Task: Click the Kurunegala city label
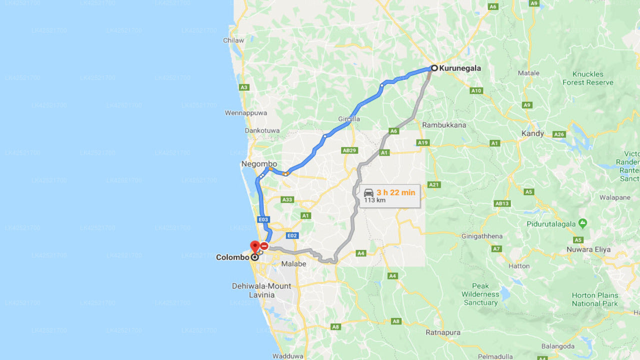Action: click(460, 68)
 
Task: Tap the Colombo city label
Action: click(232, 257)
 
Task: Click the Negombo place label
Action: click(259, 164)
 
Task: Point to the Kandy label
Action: click(532, 133)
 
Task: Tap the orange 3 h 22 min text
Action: click(396, 192)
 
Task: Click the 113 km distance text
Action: click(374, 200)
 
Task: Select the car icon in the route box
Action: click(368, 193)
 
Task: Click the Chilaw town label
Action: click(234, 40)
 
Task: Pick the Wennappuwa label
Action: click(245, 113)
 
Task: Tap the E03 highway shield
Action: click(263, 219)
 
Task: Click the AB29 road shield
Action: click(349, 150)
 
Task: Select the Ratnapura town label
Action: click(443, 332)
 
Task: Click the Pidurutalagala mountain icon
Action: click(582, 222)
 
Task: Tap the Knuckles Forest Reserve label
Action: click(587, 78)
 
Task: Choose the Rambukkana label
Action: click(444, 125)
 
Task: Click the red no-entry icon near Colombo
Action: click(264, 246)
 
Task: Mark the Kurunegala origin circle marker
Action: click(434, 68)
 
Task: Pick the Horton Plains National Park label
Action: click(594, 299)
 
